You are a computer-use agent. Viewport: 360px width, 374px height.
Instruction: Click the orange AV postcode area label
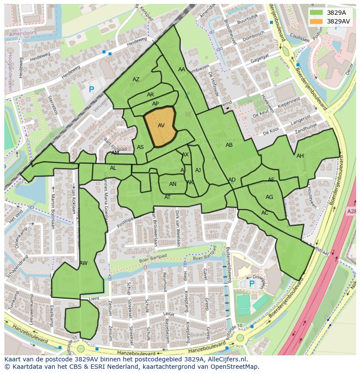(161, 126)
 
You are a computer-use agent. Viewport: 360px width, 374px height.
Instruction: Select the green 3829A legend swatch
(317, 13)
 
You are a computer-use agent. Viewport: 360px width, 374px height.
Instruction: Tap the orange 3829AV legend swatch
(317, 21)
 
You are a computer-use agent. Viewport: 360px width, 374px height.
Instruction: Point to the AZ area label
(136, 79)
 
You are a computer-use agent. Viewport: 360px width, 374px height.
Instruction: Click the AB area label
(229, 145)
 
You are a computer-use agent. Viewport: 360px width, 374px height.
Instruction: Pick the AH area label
(300, 156)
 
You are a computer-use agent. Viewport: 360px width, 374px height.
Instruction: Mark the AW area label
(83, 263)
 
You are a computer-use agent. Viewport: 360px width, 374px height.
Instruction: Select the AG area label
(269, 197)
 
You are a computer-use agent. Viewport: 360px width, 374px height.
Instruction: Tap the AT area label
(167, 197)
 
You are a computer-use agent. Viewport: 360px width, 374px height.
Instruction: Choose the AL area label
(113, 168)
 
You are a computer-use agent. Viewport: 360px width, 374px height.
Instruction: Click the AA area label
(182, 70)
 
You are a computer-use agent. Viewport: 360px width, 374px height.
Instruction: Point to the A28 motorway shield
(352, 211)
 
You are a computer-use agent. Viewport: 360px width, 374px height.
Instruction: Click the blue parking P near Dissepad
(252, 284)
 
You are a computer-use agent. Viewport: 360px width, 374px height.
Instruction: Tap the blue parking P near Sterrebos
(91, 89)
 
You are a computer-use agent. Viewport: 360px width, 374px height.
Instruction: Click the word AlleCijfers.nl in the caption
(226, 360)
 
